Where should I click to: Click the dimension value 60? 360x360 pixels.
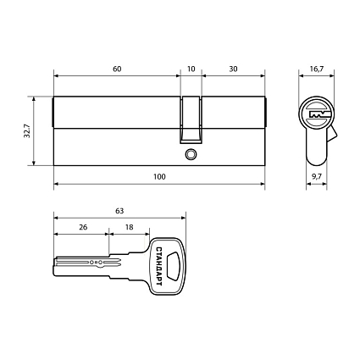[x=117, y=69]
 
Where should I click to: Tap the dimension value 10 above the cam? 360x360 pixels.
[x=191, y=69]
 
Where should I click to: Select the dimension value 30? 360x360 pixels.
[x=233, y=69]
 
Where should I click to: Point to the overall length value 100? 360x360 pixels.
[x=159, y=177]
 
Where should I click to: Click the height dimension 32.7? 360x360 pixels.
[x=27, y=131]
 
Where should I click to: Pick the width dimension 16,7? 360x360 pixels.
[x=317, y=69]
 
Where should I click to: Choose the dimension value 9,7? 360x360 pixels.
[x=317, y=177]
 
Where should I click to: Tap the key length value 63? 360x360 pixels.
[x=119, y=211]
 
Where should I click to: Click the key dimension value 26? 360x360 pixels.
[x=83, y=227]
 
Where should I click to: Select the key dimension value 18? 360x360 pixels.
[x=129, y=227]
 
